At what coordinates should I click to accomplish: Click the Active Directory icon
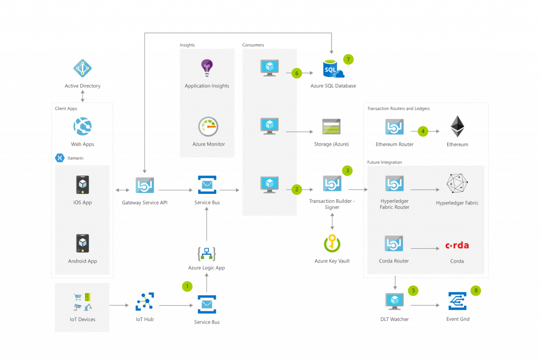pos(83,67)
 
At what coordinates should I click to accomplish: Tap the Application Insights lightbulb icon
pos(207,67)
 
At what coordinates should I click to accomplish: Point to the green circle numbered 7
pos(348,59)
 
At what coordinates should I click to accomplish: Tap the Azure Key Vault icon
pos(332,244)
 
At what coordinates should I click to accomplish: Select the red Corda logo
pos(457,245)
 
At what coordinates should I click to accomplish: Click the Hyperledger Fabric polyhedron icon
pos(457,183)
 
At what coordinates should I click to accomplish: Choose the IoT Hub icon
pos(144,302)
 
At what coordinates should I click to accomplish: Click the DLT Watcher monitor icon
pos(394,301)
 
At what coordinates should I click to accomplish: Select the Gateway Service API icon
pos(144,186)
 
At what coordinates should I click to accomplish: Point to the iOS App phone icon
pos(83,184)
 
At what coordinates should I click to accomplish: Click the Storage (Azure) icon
pos(332,127)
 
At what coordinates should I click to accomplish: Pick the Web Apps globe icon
pos(83,126)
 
